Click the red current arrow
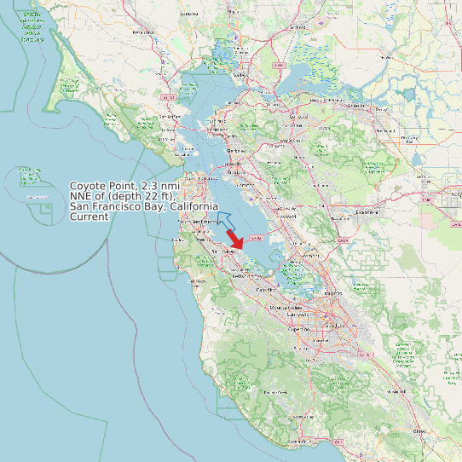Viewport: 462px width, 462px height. coord(236,240)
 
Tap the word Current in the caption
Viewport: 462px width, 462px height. coord(89,217)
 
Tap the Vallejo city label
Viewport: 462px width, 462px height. coord(240,75)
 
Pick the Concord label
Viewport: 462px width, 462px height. coord(298,116)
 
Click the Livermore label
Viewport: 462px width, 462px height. coord(367,211)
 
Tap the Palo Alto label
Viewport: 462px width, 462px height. coord(265,290)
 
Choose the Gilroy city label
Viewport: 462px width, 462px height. coord(418,431)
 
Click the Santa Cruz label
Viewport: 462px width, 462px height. coord(298,442)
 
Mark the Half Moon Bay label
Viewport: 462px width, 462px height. coord(198,281)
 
